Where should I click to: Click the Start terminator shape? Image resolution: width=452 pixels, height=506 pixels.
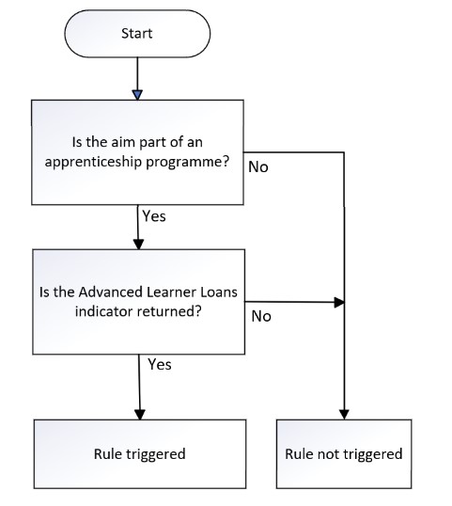click(137, 34)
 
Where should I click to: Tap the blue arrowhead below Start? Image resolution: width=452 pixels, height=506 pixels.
click(137, 95)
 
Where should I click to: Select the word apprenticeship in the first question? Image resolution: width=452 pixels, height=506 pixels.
click(92, 162)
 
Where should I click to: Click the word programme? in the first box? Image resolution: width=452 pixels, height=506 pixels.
click(187, 163)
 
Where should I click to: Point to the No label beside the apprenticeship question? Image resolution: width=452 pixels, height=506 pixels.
click(258, 167)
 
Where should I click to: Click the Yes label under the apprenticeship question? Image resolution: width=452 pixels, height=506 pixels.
click(154, 216)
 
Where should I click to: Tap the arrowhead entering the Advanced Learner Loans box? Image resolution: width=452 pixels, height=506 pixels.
click(138, 245)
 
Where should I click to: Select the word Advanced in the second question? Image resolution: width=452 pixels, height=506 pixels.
click(111, 293)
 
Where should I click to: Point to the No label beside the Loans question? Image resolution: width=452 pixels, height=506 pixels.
click(261, 317)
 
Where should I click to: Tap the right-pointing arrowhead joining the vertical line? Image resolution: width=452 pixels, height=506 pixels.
click(339, 302)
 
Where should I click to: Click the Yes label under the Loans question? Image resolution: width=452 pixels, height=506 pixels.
click(160, 365)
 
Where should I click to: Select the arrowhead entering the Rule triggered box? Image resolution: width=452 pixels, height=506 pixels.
click(140, 415)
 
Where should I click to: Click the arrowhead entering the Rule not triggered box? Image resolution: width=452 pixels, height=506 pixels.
click(344, 415)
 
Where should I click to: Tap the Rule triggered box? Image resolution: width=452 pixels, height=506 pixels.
click(140, 454)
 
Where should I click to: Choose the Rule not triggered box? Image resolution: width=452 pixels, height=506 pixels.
click(344, 453)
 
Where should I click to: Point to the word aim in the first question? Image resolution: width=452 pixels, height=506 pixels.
click(123, 142)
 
